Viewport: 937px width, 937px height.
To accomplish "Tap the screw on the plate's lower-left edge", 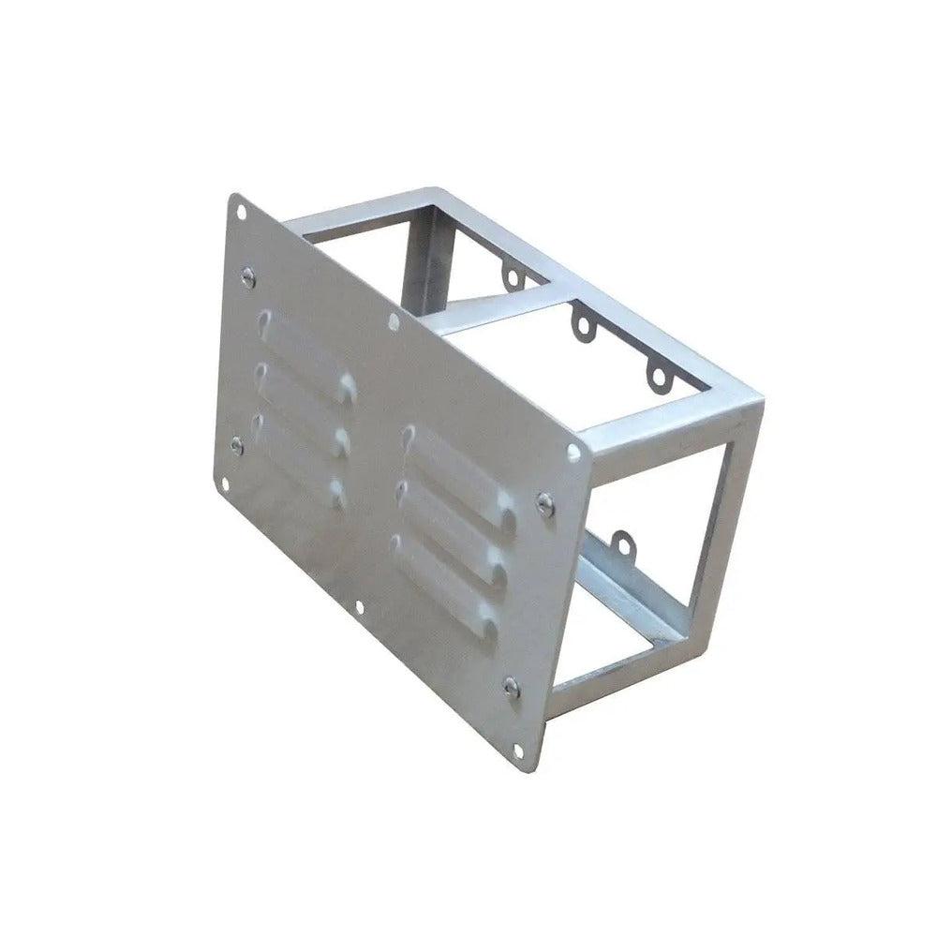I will point(237,445).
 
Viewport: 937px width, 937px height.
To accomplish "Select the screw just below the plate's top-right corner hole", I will point(544,503).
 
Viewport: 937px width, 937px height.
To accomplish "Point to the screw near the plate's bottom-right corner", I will point(511,687).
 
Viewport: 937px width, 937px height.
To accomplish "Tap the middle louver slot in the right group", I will point(450,521).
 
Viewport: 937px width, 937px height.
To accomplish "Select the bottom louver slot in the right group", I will point(444,576).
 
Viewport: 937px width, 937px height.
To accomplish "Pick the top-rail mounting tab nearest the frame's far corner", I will point(659,378).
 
